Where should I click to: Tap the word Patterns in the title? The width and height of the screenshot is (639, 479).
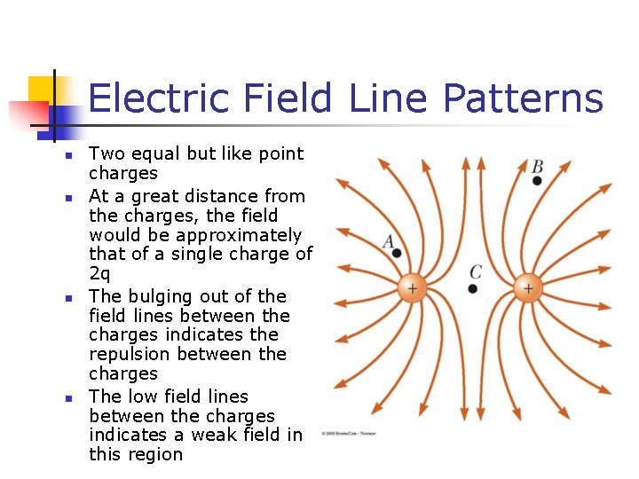click(x=523, y=98)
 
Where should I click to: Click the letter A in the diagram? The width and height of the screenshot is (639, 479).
click(x=389, y=240)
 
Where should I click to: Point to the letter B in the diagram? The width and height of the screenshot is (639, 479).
click(x=537, y=166)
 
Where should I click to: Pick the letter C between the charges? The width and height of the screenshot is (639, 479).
click(x=476, y=271)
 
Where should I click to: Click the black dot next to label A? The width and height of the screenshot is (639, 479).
click(x=397, y=253)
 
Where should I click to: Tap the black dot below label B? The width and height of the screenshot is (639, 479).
click(x=537, y=181)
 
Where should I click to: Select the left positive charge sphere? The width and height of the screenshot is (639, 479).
click(x=412, y=287)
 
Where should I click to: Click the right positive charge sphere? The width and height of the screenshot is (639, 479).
click(x=528, y=287)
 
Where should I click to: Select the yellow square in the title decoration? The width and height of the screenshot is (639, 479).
click(x=40, y=89)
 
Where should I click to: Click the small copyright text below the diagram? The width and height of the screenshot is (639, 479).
click(x=348, y=433)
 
